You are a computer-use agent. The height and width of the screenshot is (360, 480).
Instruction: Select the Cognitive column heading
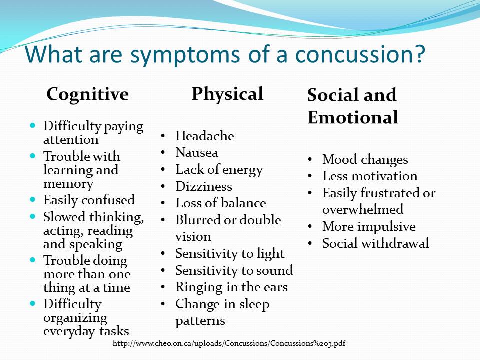87,94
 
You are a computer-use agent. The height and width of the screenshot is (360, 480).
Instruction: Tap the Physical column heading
227,93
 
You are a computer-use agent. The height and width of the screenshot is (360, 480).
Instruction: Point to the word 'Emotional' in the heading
353,117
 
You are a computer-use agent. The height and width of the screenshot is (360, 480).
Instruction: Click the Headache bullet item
204,136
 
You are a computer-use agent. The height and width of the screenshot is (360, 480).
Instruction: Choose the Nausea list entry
197,152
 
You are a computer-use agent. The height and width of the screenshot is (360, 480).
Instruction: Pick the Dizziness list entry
204,186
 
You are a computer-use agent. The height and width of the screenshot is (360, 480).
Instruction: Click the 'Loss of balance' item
220,203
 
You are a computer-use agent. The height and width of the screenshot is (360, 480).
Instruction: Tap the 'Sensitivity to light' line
230,254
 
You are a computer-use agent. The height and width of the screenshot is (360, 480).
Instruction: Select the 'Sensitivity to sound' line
234,270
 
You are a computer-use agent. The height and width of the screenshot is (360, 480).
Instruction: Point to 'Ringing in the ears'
231,287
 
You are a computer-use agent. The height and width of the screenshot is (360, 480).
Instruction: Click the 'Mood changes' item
365,159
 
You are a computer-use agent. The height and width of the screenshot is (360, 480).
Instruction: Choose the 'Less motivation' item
370,176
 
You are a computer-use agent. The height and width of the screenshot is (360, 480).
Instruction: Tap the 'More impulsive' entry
369,226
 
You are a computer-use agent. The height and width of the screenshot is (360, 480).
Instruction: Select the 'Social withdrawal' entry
375,243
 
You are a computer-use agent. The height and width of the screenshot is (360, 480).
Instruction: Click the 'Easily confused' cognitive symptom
89,200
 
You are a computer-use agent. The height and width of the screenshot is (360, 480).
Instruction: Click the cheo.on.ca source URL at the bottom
229,343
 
